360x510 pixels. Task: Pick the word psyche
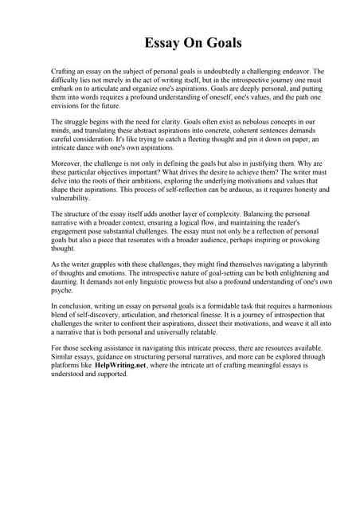(64, 292)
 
